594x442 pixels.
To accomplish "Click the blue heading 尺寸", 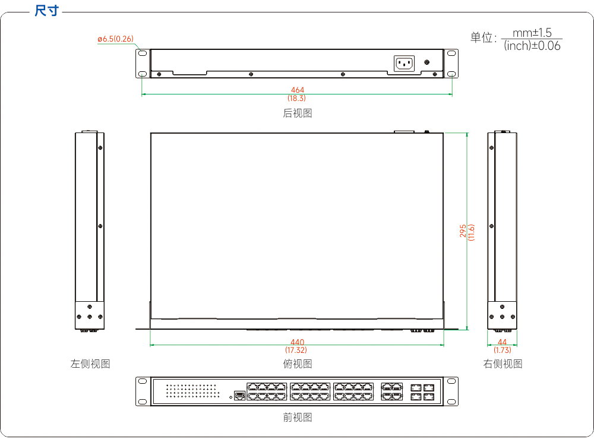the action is click(x=46, y=11).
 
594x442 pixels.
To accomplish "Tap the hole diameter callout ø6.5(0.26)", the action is click(x=115, y=39).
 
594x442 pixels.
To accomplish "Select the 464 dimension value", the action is click(x=298, y=90).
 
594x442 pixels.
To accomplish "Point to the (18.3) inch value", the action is click(x=296, y=98).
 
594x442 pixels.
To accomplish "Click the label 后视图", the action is click(x=298, y=113).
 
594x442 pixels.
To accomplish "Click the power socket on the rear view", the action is click(x=404, y=63).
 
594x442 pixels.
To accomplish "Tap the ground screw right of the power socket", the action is click(x=427, y=62).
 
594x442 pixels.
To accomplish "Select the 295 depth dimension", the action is click(x=463, y=231).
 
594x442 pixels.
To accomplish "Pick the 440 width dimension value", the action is click(x=298, y=342).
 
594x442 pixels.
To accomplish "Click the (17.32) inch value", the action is click(x=296, y=350).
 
